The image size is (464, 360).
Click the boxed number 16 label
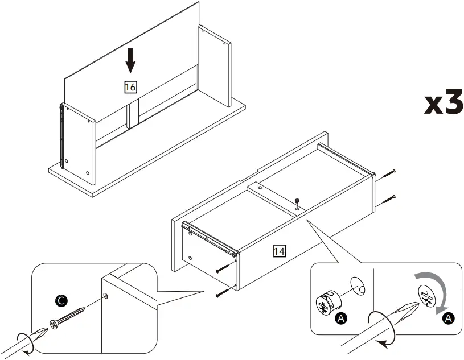click(x=130, y=87)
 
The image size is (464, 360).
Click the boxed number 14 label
click(x=280, y=250)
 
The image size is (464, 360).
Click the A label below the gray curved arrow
click(x=448, y=318)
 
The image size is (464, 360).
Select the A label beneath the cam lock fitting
click(x=341, y=318)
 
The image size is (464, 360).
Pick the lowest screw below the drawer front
click(x=223, y=293)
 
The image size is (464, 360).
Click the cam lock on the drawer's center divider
click(x=297, y=201)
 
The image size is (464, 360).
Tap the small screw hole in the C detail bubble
click(x=106, y=295)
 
